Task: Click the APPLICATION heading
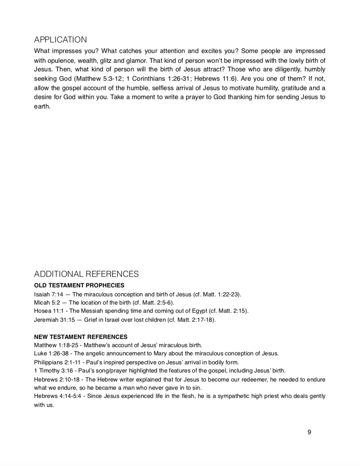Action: [x=61, y=40]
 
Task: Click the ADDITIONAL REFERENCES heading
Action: [x=86, y=274]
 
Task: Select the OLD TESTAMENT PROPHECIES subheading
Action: [x=79, y=285]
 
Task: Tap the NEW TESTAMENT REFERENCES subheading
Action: [x=81, y=336]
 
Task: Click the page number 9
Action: [x=310, y=432]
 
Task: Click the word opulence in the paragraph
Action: [x=60, y=61]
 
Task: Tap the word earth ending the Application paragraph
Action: [x=42, y=106]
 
